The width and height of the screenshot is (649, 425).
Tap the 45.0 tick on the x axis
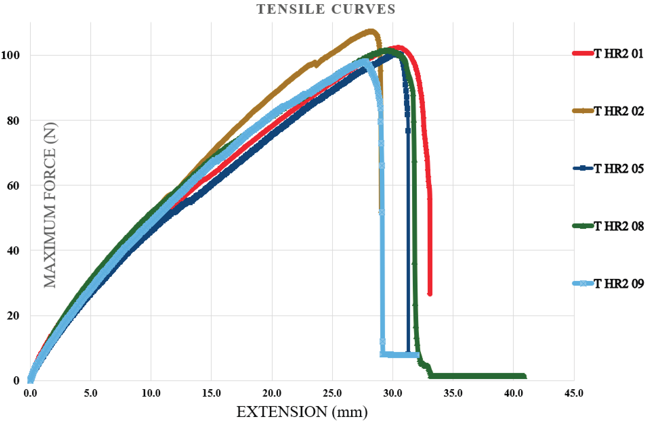click(x=574, y=393)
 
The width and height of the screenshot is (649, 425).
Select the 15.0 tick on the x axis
click(x=211, y=393)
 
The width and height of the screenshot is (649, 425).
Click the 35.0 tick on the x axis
click(x=453, y=393)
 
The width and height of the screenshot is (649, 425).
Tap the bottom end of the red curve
click(x=430, y=294)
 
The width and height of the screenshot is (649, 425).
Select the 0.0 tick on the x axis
click(x=30, y=393)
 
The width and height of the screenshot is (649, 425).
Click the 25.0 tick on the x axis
click(x=332, y=393)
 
